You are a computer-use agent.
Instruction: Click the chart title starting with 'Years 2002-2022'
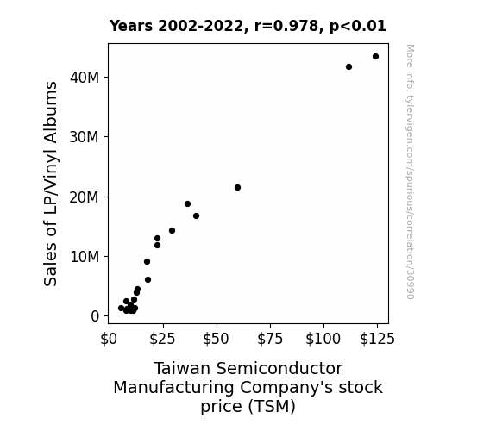248,26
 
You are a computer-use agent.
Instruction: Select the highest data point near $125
375,57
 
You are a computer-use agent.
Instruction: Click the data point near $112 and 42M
348,66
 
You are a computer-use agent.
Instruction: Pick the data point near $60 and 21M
237,188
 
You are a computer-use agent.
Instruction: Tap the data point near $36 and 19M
187,204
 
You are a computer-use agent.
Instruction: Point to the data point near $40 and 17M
196,216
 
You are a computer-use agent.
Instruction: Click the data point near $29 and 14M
172,230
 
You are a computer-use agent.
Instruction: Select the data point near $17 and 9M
148,261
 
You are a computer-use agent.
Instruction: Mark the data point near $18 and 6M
148,279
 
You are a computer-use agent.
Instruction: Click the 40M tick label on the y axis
85,78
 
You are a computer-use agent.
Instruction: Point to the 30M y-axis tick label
85,137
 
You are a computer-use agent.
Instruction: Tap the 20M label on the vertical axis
85,197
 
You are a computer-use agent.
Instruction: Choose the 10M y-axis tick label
85,257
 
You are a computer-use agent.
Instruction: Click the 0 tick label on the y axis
95,316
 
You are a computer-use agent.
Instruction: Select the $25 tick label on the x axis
162,339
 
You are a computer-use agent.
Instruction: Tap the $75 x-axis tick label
270,339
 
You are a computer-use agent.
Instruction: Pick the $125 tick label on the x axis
377,339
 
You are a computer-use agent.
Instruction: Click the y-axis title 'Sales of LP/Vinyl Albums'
51,184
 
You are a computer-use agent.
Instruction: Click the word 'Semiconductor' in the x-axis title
279,368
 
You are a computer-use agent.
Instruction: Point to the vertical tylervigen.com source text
410,172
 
